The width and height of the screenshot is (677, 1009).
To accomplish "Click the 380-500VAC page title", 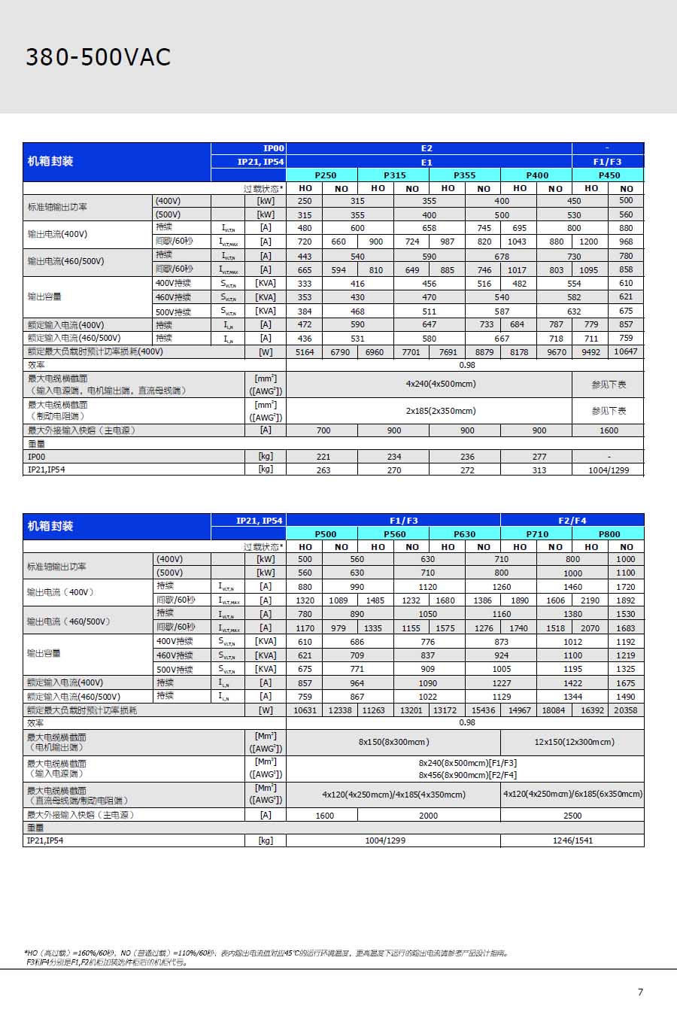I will click(99, 57).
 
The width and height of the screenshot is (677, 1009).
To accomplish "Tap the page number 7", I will click(640, 992).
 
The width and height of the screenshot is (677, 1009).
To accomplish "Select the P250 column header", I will click(326, 175).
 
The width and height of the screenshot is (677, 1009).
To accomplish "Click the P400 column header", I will click(537, 175).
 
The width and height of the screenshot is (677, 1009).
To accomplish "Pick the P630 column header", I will click(464, 534).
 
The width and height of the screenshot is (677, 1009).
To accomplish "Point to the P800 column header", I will click(609, 534).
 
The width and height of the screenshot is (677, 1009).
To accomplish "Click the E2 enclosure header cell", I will click(427, 148).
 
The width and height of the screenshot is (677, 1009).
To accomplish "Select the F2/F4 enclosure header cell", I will click(572, 521).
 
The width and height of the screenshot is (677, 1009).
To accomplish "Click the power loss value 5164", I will click(305, 352).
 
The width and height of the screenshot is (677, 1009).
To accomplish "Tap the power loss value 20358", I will click(625, 710).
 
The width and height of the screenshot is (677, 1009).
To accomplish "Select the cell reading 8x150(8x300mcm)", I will click(393, 742).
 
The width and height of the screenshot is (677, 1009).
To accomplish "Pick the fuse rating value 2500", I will click(572, 816).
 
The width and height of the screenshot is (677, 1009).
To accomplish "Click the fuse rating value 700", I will click(323, 431).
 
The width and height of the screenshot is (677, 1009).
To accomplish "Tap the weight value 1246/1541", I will click(572, 840).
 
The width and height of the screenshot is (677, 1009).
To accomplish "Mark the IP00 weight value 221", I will click(323, 457).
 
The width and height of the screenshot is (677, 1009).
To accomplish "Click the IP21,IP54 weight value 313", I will click(539, 470).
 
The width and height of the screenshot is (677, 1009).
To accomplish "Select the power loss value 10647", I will click(625, 351).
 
